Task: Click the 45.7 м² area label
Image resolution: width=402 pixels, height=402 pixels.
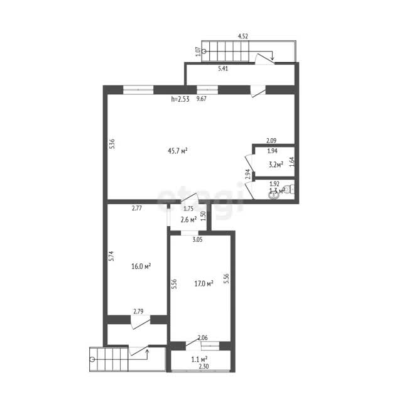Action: (x=177, y=151)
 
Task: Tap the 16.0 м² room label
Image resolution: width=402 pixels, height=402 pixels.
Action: (x=141, y=266)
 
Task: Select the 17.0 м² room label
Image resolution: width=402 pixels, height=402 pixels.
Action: (x=204, y=283)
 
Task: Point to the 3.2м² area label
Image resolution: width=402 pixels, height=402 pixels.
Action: (x=276, y=165)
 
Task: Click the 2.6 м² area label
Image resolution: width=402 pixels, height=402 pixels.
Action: (x=188, y=219)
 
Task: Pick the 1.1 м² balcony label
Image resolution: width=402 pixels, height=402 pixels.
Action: (x=199, y=359)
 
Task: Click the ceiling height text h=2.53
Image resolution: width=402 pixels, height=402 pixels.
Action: (x=180, y=99)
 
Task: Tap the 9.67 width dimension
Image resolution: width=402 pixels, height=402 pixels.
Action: (x=201, y=99)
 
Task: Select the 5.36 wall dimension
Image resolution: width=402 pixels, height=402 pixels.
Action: (x=112, y=144)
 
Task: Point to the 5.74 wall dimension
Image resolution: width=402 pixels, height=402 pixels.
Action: (x=112, y=256)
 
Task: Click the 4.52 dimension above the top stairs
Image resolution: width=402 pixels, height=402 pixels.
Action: (x=243, y=36)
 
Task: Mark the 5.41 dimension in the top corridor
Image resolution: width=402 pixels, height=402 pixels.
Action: (x=223, y=68)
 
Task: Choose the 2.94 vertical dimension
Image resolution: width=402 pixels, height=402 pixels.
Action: (x=247, y=174)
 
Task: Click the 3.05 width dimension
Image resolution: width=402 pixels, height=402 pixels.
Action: (x=197, y=240)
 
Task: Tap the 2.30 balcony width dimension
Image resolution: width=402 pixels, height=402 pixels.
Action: (x=204, y=366)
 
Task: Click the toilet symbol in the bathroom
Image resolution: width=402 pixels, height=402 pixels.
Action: (x=290, y=189)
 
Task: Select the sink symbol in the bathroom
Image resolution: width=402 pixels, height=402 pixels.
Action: (x=273, y=196)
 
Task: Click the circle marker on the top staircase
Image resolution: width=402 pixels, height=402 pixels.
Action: (x=204, y=52)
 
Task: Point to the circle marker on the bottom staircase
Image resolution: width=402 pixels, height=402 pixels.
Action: (x=92, y=359)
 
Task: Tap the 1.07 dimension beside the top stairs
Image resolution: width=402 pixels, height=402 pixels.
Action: (x=198, y=52)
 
